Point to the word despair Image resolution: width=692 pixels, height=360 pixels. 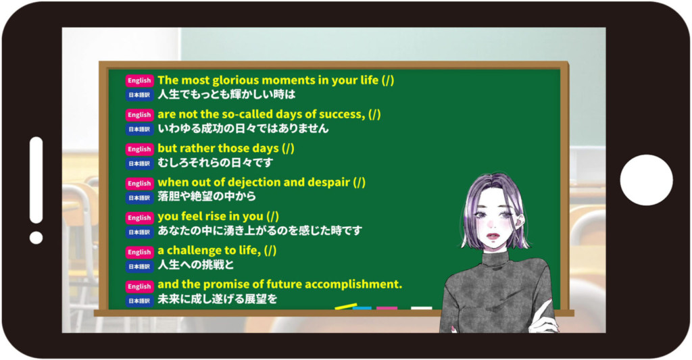(x=330, y=182)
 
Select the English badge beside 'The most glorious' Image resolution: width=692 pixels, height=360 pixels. (x=139, y=80)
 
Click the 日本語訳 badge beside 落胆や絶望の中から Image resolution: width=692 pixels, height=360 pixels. (x=139, y=198)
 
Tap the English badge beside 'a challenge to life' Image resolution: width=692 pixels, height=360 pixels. (x=139, y=252)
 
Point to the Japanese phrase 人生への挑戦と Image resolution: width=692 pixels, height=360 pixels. (x=196, y=265)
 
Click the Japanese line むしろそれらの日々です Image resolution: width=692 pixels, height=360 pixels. (x=216, y=163)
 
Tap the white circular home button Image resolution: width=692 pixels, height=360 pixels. (x=647, y=180)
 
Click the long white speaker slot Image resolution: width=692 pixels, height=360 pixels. (x=36, y=180)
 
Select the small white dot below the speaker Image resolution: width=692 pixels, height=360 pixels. (x=36, y=238)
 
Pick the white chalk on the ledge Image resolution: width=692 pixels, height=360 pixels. (x=422, y=309)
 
